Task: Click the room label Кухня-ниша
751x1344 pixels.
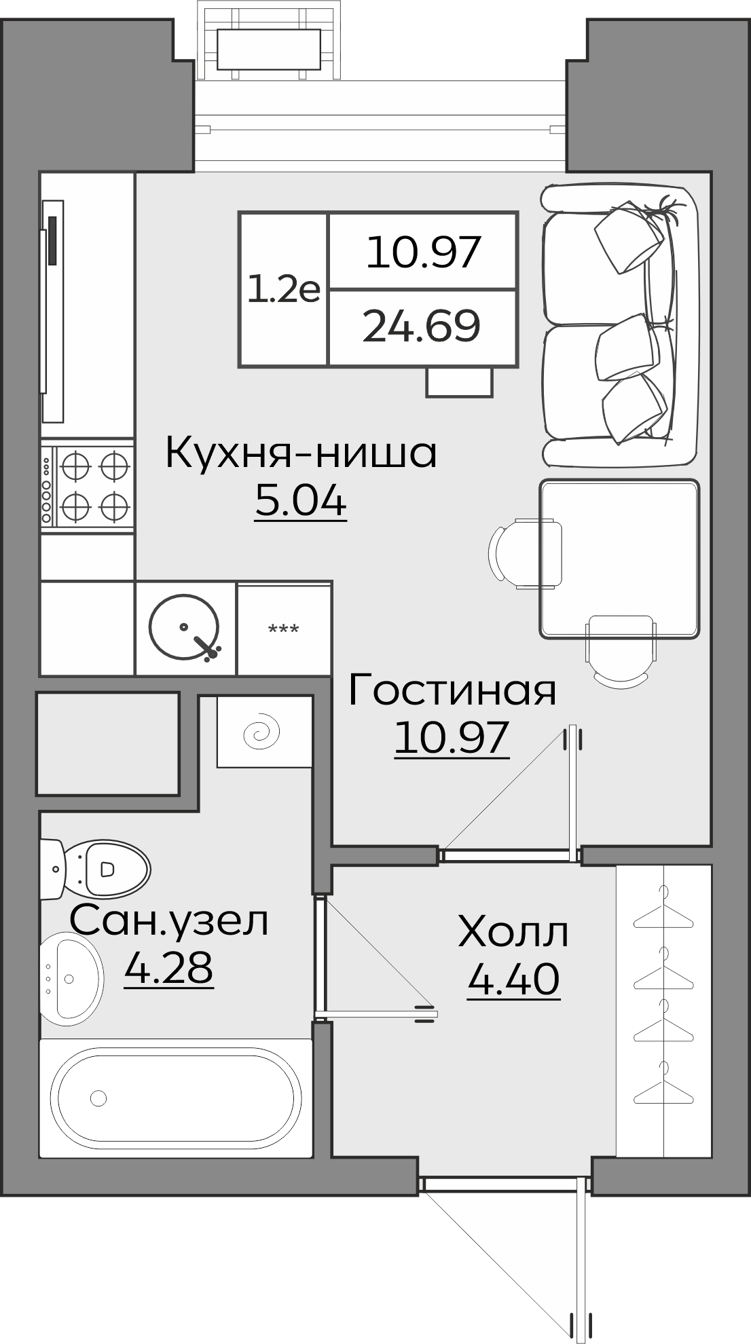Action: coord(301,453)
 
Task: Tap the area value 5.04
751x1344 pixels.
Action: coord(301,502)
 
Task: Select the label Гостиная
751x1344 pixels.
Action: coord(452,690)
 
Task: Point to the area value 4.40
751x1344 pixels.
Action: coord(513,979)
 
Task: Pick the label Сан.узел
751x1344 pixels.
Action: coord(169,921)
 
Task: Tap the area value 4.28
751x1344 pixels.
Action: coord(169,968)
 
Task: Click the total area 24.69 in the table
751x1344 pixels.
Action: coord(422,326)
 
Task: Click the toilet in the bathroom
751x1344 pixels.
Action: coord(98,868)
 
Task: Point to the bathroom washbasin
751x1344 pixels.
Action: coord(71,978)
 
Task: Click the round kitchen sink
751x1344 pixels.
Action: coord(185,627)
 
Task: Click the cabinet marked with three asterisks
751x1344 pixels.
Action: coord(284,629)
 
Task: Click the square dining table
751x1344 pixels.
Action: coord(619,559)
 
